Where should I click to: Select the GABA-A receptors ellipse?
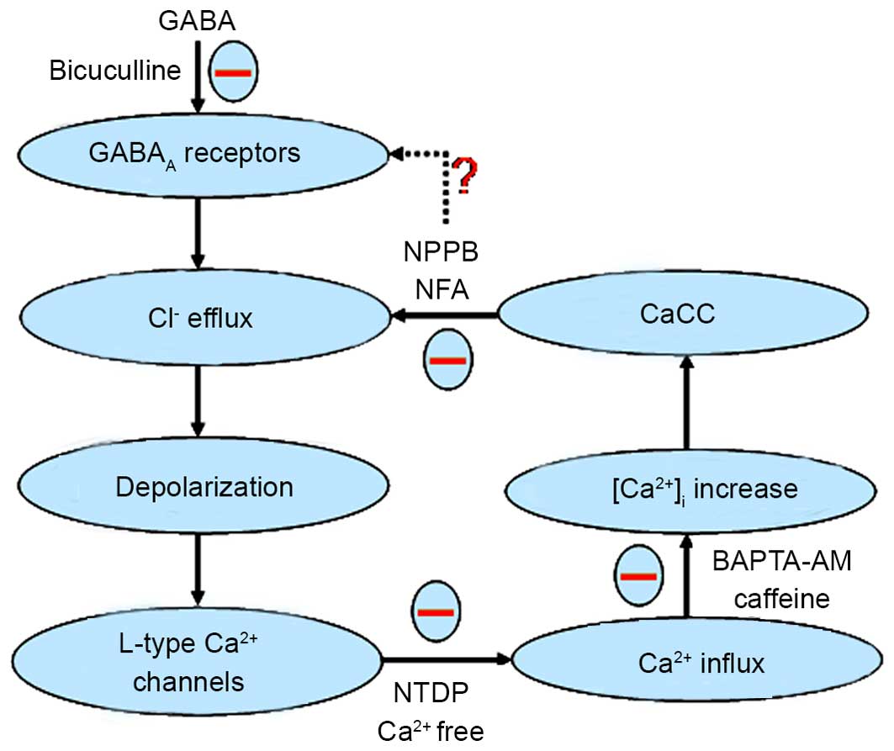point(195,154)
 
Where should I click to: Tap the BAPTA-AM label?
point(780,561)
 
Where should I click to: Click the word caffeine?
point(781,599)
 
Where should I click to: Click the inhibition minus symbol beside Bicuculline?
point(233,72)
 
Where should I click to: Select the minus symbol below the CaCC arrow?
point(447,361)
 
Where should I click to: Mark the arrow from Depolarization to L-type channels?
point(196,571)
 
